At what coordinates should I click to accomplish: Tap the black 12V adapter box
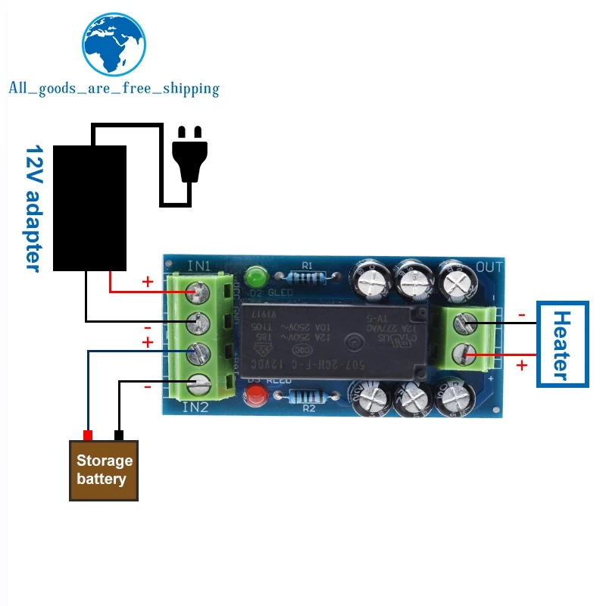89,207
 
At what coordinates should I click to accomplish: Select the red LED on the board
255,394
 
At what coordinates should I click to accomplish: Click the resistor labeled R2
308,395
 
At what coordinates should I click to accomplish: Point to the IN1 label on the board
199,266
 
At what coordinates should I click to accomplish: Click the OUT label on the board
489,267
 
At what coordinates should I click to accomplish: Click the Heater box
561,345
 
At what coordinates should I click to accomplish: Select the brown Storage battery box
104,470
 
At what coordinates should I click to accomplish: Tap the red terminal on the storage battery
88,436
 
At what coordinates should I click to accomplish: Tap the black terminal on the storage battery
118,436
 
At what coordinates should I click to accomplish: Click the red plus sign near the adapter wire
148,282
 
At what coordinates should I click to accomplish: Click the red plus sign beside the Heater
521,366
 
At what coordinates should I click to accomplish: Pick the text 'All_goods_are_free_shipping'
114,89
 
